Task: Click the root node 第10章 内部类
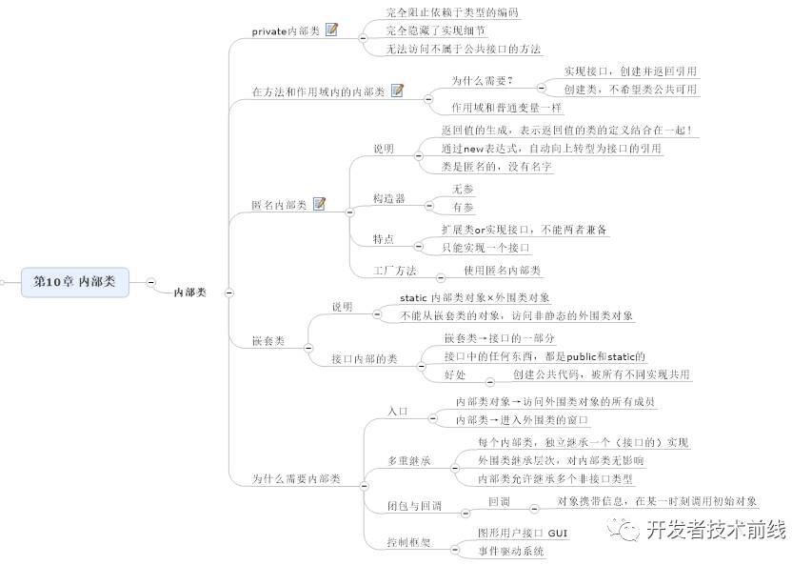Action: pyautogui.click(x=74, y=282)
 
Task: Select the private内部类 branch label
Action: pyautogui.click(x=284, y=31)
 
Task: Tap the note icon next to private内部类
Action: pyautogui.click(x=331, y=30)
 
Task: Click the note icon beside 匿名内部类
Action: pyautogui.click(x=319, y=204)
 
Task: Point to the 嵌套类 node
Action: pyautogui.click(x=267, y=341)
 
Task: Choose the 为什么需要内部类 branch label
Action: pyautogui.click(x=296, y=478)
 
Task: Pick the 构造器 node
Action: pyautogui.click(x=388, y=198)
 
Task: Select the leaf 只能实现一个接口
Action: pyautogui.click(x=485, y=248)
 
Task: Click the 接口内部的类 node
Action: pyautogui.click(x=364, y=359)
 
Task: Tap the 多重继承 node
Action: pyautogui.click(x=408, y=461)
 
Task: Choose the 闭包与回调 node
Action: pyautogui.click(x=414, y=506)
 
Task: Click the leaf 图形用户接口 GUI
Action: pyautogui.click(x=522, y=533)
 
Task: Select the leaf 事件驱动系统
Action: pyautogui.click(x=510, y=551)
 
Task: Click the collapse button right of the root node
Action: pyautogui.click(x=151, y=282)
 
